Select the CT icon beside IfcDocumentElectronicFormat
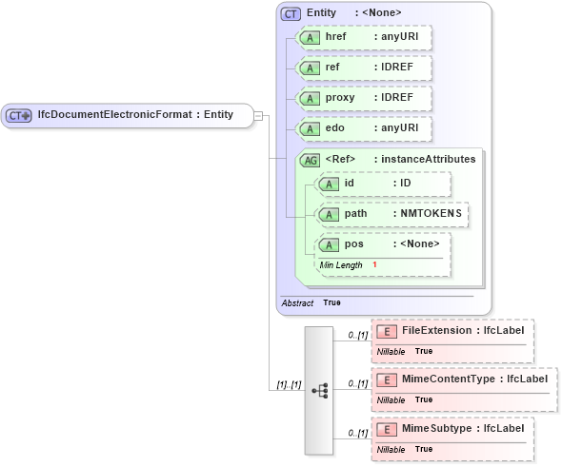coord(19,115)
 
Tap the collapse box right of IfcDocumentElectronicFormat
coord(258,115)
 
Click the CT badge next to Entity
coord(291,13)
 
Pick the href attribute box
coord(363,37)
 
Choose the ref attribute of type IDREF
coord(363,68)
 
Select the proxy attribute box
coord(363,98)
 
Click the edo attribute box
coord(363,128)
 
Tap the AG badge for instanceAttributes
coord(311,160)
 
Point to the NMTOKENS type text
coord(431,214)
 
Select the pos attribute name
coord(354,244)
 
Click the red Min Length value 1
coord(374,264)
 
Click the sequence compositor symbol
coord(320,390)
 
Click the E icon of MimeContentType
coord(387,379)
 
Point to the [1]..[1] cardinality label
coord(289,384)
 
